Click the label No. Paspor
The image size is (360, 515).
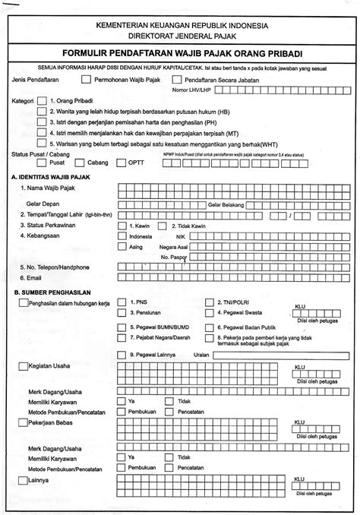coord(175,258)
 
